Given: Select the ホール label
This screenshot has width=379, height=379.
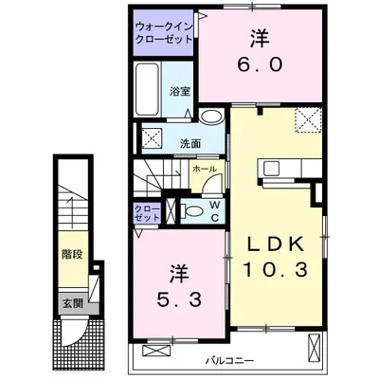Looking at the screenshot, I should [x=203, y=169].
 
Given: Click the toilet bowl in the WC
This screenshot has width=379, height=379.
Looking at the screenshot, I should [x=192, y=211].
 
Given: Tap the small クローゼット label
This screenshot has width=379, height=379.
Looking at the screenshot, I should [x=147, y=212].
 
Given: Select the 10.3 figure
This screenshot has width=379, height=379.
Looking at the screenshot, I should [x=275, y=269].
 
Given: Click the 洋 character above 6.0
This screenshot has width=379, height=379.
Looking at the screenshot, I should [x=259, y=40].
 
